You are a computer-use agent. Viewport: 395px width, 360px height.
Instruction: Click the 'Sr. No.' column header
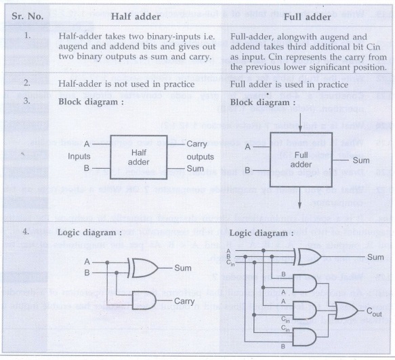28,16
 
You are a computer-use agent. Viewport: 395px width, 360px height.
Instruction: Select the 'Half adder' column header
136,17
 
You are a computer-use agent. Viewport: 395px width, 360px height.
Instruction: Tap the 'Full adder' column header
308,17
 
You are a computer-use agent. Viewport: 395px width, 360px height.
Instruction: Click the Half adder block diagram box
139,157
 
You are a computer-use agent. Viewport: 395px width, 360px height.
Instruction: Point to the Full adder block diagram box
301,159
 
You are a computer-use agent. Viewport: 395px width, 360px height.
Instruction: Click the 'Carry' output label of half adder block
196,144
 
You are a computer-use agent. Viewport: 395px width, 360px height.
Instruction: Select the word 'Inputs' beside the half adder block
79,157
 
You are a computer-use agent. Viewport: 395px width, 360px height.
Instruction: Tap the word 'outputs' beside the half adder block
201,157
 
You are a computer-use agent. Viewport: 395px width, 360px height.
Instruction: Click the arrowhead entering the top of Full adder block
299,129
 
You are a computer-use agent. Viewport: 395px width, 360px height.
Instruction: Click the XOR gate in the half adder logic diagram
143,268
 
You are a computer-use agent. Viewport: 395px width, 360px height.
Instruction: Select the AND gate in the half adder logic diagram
144,300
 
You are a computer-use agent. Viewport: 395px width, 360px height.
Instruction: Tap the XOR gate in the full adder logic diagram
308,257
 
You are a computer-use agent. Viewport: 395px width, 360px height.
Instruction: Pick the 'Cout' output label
374,312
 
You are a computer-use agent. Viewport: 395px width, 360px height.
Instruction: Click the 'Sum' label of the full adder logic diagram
375,257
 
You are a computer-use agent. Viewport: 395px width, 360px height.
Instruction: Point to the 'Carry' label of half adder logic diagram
184,301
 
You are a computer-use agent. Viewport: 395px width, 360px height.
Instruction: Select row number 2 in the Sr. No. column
27,83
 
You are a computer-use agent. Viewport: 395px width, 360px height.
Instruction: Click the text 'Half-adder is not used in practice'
127,84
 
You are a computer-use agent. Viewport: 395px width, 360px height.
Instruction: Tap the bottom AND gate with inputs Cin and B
305,337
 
